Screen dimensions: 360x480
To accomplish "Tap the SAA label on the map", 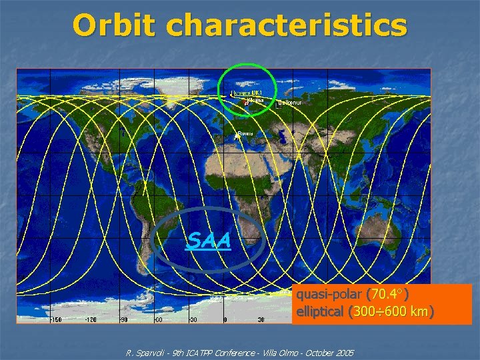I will [x=209, y=240].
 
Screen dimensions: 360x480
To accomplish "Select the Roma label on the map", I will [x=245, y=133].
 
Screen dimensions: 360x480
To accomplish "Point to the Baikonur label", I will [x=290, y=103].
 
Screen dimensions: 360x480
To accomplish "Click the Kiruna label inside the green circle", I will [x=255, y=101].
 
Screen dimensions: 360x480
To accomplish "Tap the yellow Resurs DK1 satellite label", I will [x=247, y=93].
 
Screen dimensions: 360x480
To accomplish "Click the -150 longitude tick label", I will [x=57, y=319].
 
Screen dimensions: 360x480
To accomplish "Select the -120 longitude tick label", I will [x=90, y=319].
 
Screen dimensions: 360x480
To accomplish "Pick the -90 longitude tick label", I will [x=124, y=319].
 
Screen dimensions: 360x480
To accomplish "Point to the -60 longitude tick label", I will [x=158, y=319].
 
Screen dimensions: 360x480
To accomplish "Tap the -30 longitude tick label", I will [x=192, y=319].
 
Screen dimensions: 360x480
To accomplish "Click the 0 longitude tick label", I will [x=225, y=319].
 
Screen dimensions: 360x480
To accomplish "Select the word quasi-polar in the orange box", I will [x=329, y=294].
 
